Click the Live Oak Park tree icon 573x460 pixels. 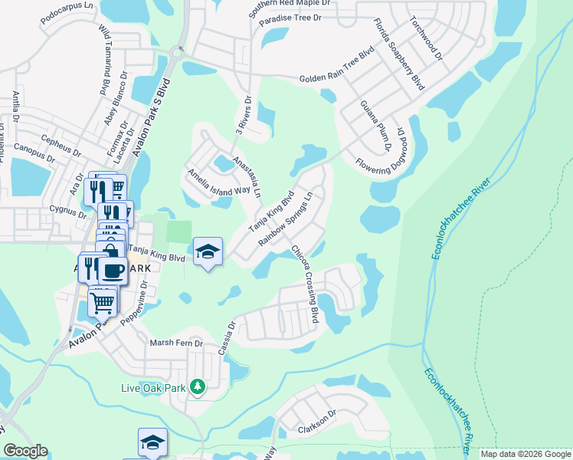point(198,388)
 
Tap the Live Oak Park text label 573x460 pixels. point(154,388)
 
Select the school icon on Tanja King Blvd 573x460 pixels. point(206,252)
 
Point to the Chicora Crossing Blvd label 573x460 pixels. point(304,284)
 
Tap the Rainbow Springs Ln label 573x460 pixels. point(287,218)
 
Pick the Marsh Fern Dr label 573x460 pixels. point(176,343)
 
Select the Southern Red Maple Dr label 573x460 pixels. point(289,8)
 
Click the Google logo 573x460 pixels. point(25,451)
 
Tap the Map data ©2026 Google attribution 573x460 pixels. point(526,454)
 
